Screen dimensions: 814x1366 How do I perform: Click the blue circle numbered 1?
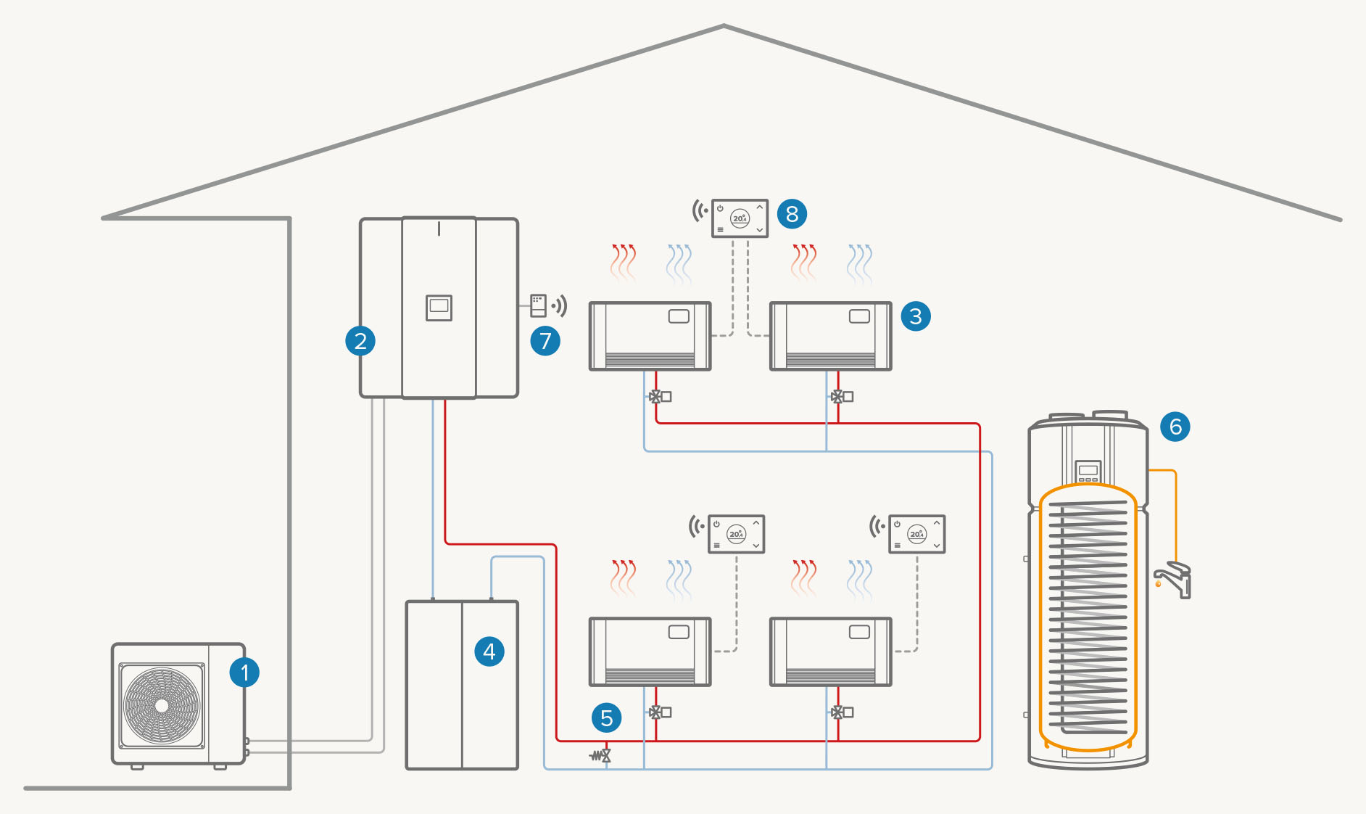(244, 673)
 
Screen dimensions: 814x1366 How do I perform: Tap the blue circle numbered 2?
(360, 340)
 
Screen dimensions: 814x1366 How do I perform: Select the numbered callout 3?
(916, 316)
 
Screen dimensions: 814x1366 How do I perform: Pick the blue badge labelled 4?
(489, 651)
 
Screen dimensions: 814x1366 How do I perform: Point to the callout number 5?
(606, 718)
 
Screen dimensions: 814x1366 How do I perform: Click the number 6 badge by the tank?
(1175, 427)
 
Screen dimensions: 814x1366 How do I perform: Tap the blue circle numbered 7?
(545, 340)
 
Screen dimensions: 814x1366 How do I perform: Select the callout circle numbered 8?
(792, 214)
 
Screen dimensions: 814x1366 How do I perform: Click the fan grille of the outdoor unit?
(162, 705)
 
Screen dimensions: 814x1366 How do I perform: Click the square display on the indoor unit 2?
(439, 307)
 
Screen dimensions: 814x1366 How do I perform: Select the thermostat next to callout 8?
(740, 218)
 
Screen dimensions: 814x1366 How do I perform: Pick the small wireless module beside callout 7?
(538, 305)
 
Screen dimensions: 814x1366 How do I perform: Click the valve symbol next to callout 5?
(602, 756)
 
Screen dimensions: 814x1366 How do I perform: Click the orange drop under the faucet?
(1159, 584)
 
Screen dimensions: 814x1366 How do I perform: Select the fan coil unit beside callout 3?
(830, 336)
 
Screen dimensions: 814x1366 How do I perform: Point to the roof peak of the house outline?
(724, 27)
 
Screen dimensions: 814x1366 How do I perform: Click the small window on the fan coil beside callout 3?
(859, 316)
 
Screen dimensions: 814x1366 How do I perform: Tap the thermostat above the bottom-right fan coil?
(916, 534)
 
